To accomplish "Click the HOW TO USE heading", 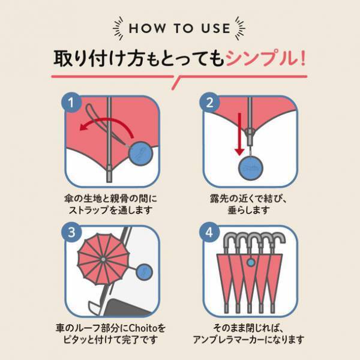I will [179, 28].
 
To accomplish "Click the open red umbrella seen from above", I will [103, 258].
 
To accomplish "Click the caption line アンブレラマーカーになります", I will [249, 340].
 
